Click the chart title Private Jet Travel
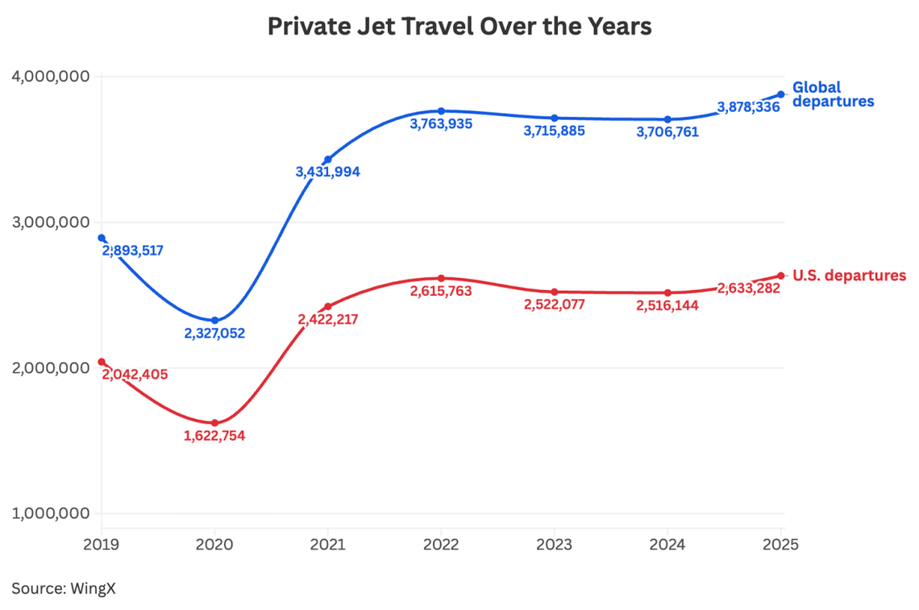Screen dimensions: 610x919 point(459,27)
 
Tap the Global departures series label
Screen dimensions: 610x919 point(833,94)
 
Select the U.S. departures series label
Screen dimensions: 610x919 point(849,276)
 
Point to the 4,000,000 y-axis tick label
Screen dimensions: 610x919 point(50,77)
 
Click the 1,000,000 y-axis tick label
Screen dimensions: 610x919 point(50,514)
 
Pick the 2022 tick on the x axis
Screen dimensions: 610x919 point(441,545)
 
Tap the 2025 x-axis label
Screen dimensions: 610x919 point(780,545)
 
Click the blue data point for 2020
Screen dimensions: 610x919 point(214,321)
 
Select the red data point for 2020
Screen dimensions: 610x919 point(214,423)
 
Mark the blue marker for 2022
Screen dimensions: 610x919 point(441,111)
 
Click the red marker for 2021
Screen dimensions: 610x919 point(328,306)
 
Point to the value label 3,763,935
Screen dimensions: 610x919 point(441,124)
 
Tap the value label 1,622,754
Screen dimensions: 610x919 point(214,436)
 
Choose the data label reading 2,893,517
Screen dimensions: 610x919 point(133,251)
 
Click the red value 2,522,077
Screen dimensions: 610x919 point(554,305)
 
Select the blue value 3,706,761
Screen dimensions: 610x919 point(667,132)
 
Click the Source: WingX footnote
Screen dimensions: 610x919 point(64,588)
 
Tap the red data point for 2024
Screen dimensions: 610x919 point(667,293)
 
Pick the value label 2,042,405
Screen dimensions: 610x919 point(135,375)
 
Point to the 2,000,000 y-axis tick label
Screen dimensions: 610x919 point(50,368)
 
